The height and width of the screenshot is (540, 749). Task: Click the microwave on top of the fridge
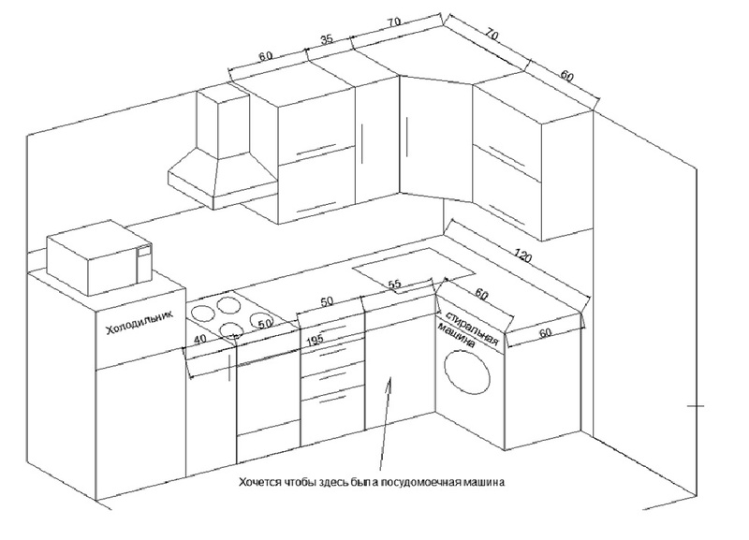98,258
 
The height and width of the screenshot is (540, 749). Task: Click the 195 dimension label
315,340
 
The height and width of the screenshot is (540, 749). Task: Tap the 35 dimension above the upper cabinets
326,40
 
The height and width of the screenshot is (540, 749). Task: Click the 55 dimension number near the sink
394,284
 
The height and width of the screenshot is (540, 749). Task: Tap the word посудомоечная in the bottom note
412,483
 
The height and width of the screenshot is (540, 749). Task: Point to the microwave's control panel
144,262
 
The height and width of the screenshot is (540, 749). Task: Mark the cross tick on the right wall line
696,405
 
